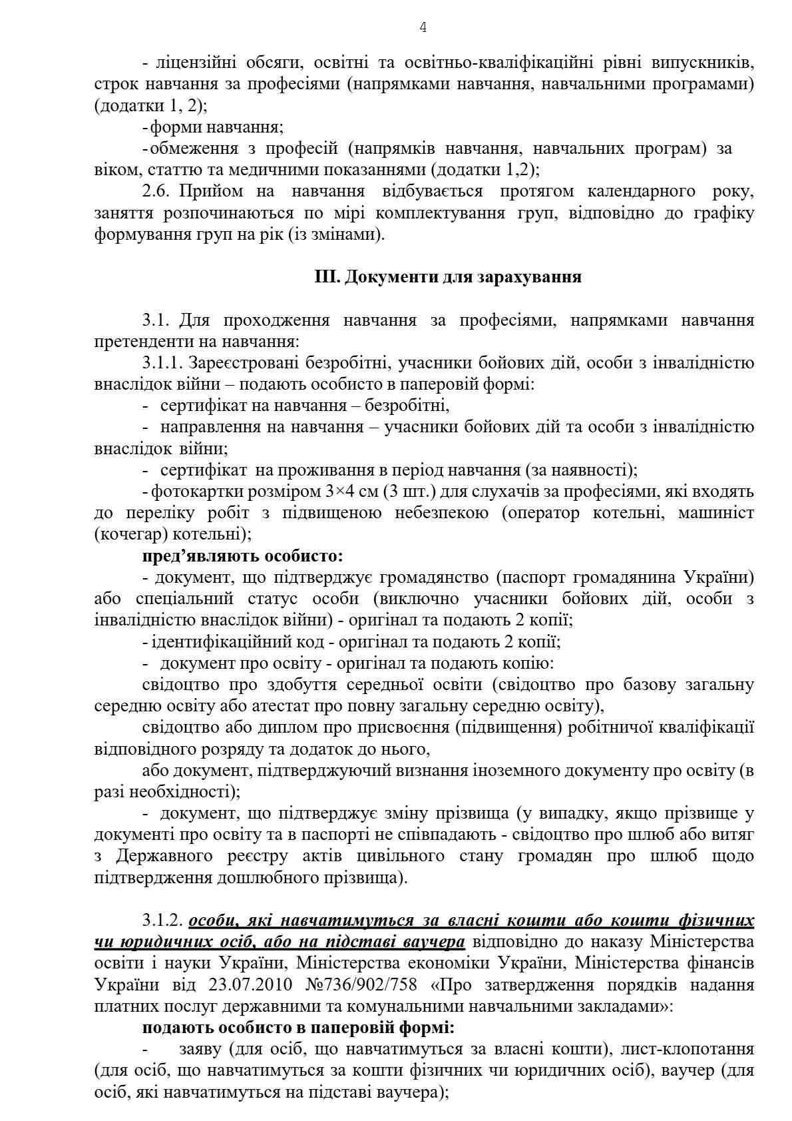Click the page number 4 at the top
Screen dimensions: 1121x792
423,27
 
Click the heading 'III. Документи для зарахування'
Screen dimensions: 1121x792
447,277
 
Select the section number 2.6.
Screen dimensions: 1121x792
157,192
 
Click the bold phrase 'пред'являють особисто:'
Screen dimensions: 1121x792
242,556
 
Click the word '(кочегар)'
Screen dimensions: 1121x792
132,534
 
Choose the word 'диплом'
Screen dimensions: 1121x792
286,728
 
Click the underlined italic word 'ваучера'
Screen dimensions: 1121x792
435,942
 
